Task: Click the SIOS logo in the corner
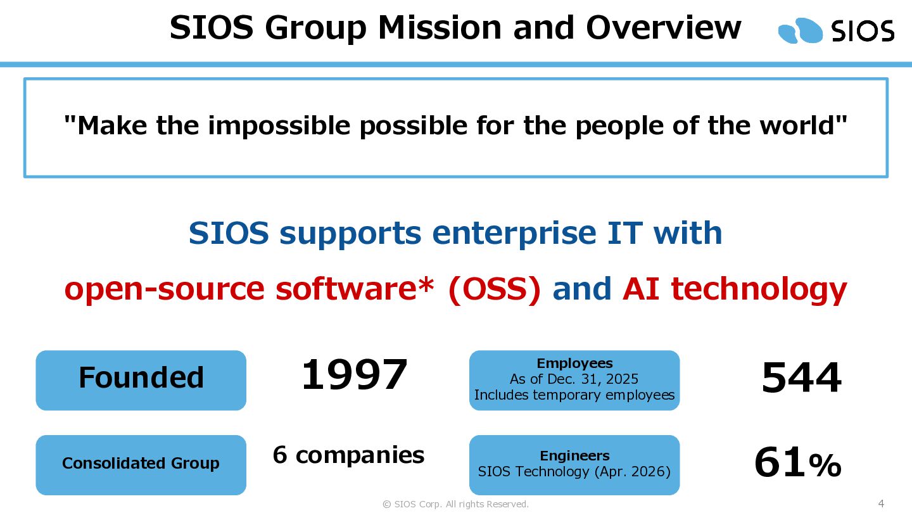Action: pyautogui.click(x=836, y=30)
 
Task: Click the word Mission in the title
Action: pyautogui.click(x=440, y=28)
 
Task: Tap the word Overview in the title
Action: pyautogui.click(x=664, y=28)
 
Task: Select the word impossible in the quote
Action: pyautogui.click(x=279, y=126)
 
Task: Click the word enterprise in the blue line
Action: pyautogui.click(x=514, y=234)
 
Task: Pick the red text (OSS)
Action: pyautogui.click(x=494, y=289)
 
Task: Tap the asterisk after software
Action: pyautogui.click(x=426, y=283)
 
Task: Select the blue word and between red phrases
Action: pyautogui.click(x=582, y=288)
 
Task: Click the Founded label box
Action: pyautogui.click(x=141, y=380)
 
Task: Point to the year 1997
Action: pyautogui.click(x=354, y=374)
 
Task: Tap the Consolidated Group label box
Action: pyautogui.click(x=141, y=465)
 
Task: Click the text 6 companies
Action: pyautogui.click(x=348, y=455)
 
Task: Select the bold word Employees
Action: pyautogui.click(x=574, y=363)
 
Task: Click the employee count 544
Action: pyautogui.click(x=801, y=378)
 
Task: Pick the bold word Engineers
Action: pyautogui.click(x=574, y=456)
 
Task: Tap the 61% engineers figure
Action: pyautogui.click(x=798, y=462)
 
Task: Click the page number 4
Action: pyautogui.click(x=881, y=503)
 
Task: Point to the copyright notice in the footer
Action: pyautogui.click(x=455, y=504)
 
